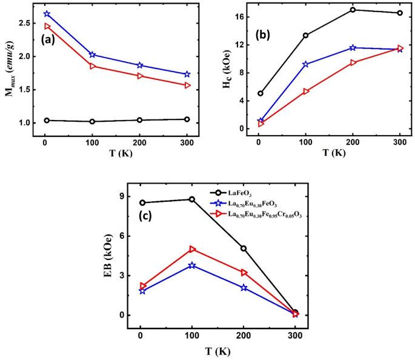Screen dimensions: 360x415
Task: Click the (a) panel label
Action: tap(50, 40)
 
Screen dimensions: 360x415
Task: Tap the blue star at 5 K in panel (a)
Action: tap(47, 14)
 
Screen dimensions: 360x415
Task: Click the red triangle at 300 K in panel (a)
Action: tap(187, 85)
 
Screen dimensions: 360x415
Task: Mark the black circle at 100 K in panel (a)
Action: tap(92, 121)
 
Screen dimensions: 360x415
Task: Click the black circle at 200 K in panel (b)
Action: tap(353, 10)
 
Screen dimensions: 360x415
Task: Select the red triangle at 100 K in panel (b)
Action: tap(306, 92)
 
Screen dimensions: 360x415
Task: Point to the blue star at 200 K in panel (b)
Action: tap(353, 48)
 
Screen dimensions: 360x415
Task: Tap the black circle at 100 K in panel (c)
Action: tap(192, 199)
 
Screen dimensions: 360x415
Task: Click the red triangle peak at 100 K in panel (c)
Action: tap(192, 249)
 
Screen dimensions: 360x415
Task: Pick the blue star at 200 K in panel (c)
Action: tap(244, 288)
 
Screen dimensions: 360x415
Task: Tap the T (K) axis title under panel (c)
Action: tap(217, 352)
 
